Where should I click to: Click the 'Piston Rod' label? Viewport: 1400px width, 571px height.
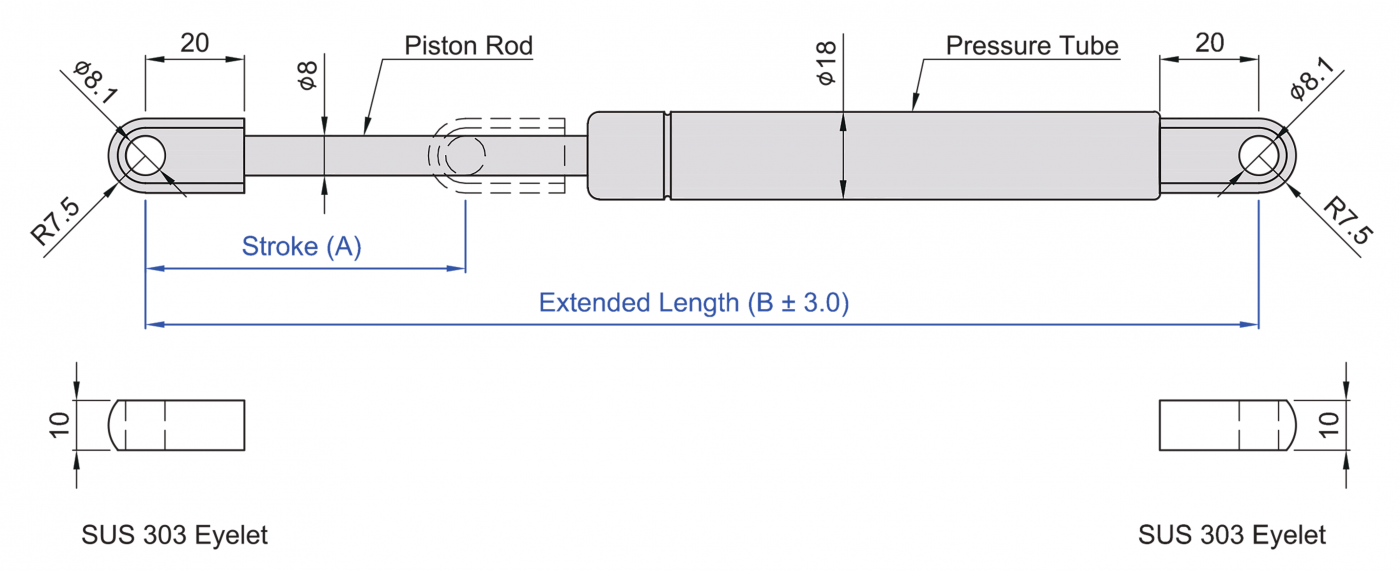[x=468, y=46]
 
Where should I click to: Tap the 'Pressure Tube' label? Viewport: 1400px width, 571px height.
[x=1032, y=46]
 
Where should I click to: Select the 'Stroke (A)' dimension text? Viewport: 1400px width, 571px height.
[x=301, y=247]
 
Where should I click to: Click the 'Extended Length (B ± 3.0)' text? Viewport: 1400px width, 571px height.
[x=693, y=303]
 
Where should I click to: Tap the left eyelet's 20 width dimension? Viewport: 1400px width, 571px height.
[x=194, y=43]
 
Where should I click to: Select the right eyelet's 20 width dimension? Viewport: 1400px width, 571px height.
[x=1209, y=43]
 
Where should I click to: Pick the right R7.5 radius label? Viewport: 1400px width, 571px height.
[x=1348, y=221]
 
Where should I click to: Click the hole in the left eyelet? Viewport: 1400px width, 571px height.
[x=146, y=156]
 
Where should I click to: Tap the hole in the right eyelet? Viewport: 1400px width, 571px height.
[x=1258, y=156]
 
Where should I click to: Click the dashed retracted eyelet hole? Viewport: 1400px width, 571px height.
[x=465, y=156]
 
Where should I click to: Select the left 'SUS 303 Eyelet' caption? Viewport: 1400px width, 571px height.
[x=175, y=535]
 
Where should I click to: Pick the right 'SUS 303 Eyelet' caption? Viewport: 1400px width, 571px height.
[x=1232, y=535]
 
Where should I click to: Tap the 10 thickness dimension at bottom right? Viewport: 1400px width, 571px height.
[x=1329, y=424]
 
